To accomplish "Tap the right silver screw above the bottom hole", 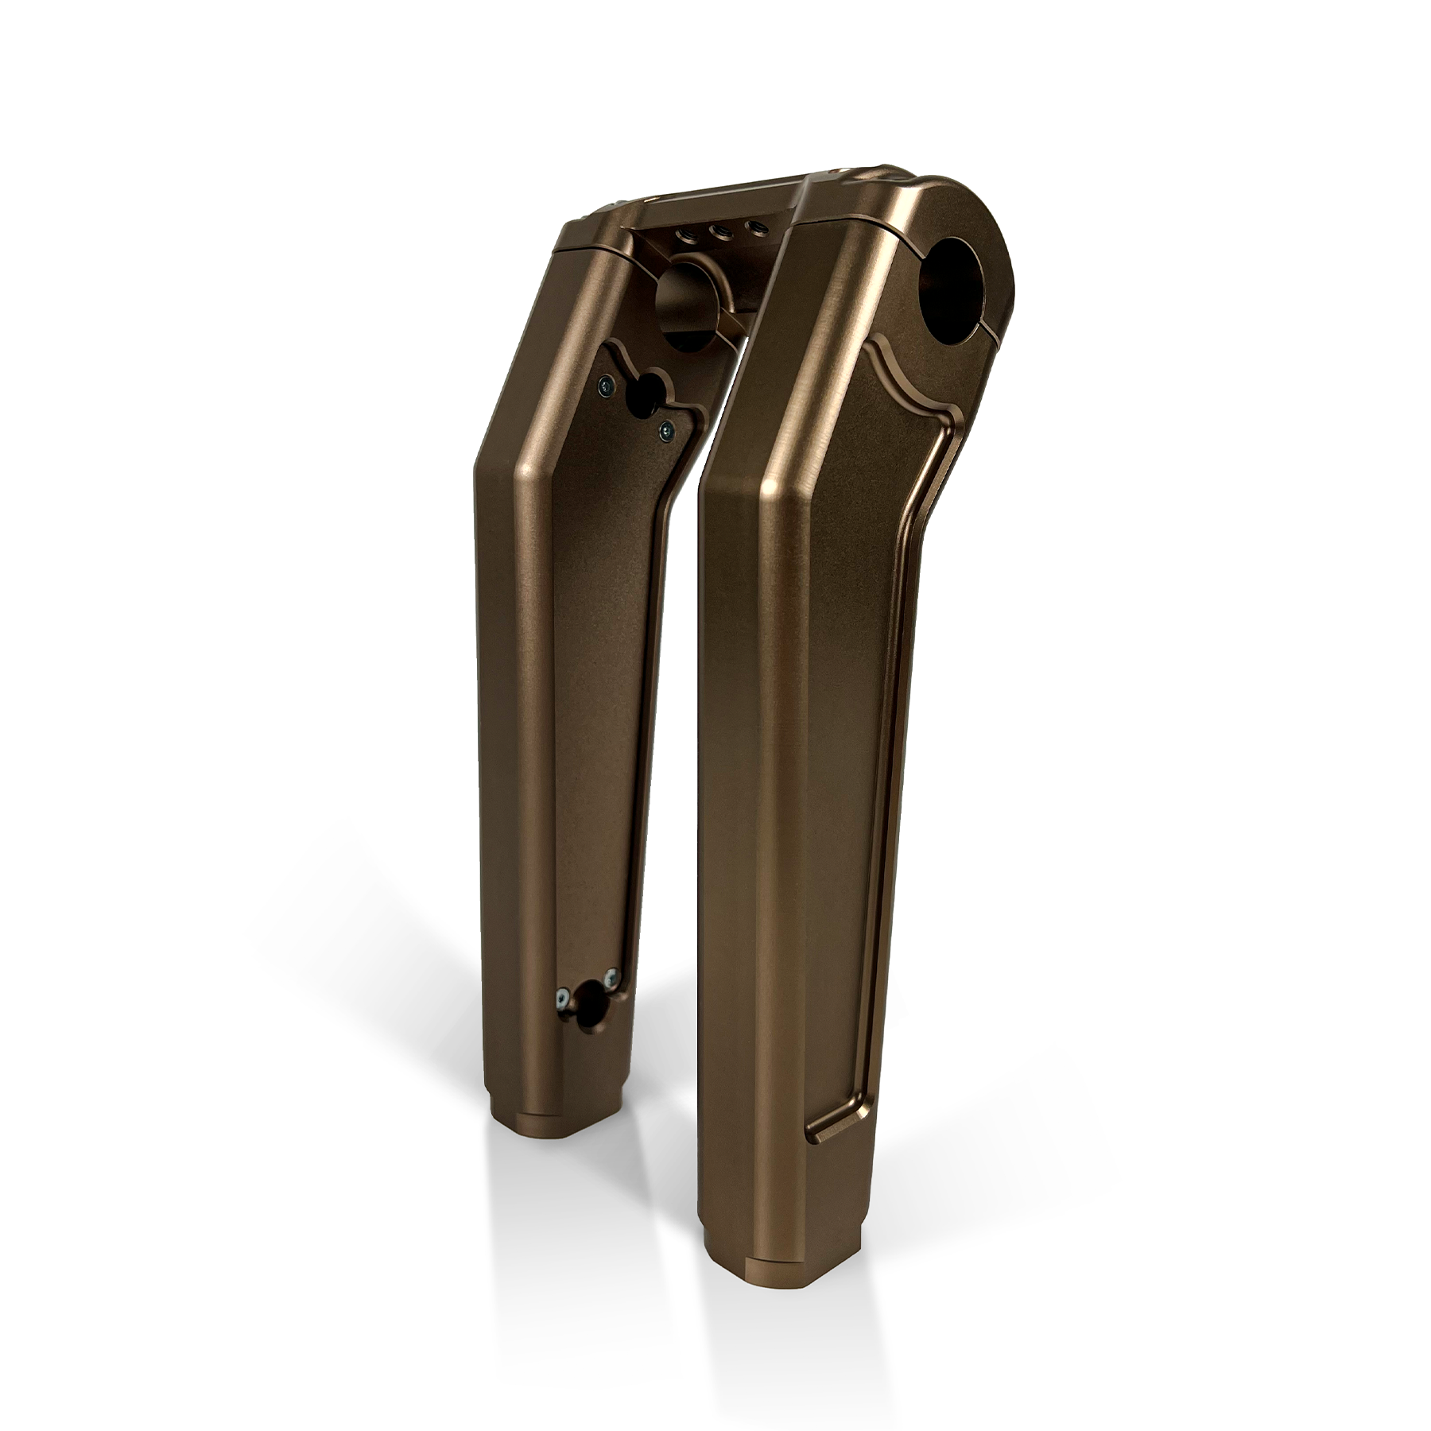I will (x=610, y=975).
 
